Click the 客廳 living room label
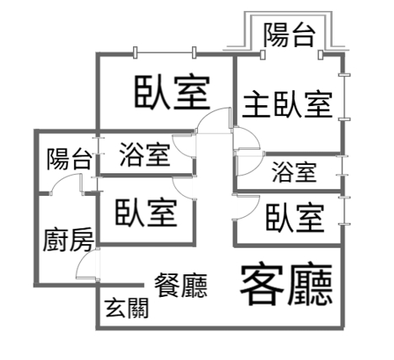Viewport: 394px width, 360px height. tap(286, 283)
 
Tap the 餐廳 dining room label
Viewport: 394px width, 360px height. tap(181, 285)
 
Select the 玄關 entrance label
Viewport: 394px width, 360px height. tap(127, 308)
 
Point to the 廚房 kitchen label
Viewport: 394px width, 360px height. tap(68, 239)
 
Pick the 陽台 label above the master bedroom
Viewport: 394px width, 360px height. tap(289, 34)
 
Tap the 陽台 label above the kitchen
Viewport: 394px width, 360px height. tap(69, 159)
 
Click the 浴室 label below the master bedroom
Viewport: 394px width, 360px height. tap(294, 172)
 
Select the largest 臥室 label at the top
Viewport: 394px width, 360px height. tap(173, 92)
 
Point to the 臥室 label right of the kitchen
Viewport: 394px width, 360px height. tap(146, 213)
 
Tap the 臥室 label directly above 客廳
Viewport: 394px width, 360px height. tap(295, 218)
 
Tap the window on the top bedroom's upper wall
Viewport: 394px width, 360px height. tap(164, 52)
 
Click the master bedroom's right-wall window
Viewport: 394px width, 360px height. tap(344, 97)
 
